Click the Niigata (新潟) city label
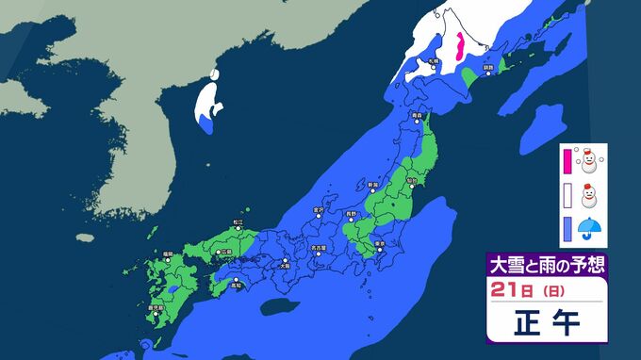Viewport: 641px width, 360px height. pos(372,184)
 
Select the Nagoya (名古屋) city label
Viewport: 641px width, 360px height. pos(321,248)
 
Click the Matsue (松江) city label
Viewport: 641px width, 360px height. pos(238,222)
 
